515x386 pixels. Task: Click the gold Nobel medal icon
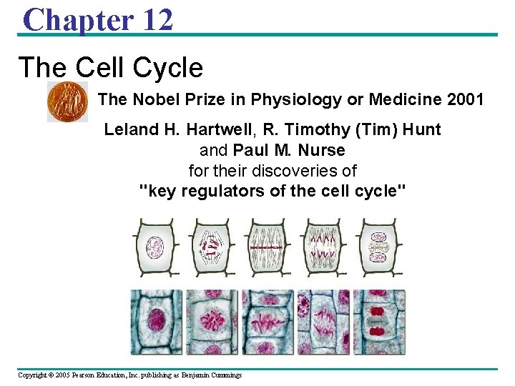[67, 102]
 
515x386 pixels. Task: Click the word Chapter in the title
[77, 19]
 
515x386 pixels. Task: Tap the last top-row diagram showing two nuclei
[378, 247]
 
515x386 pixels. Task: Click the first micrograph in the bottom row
[157, 322]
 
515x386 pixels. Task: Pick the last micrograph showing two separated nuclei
[378, 322]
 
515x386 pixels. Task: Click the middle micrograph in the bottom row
[268, 322]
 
